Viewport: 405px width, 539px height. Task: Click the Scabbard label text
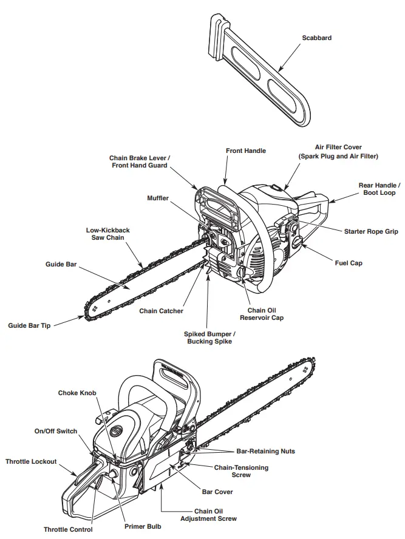pos(316,38)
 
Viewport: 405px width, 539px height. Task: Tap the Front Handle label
pos(245,151)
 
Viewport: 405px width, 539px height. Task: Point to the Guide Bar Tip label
pos(29,325)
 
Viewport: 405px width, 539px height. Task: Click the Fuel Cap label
pos(349,263)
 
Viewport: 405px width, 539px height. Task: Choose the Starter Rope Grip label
pos(371,232)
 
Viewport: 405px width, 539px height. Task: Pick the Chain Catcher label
pos(161,311)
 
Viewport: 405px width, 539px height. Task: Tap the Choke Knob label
pos(77,393)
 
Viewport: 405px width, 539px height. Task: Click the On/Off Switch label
pos(55,431)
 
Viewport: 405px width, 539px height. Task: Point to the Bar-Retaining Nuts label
pos(266,452)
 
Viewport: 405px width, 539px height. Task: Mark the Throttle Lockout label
pos(31,461)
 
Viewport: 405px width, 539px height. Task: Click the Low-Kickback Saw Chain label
pos(107,234)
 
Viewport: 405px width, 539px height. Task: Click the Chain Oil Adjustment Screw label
pos(208,515)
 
